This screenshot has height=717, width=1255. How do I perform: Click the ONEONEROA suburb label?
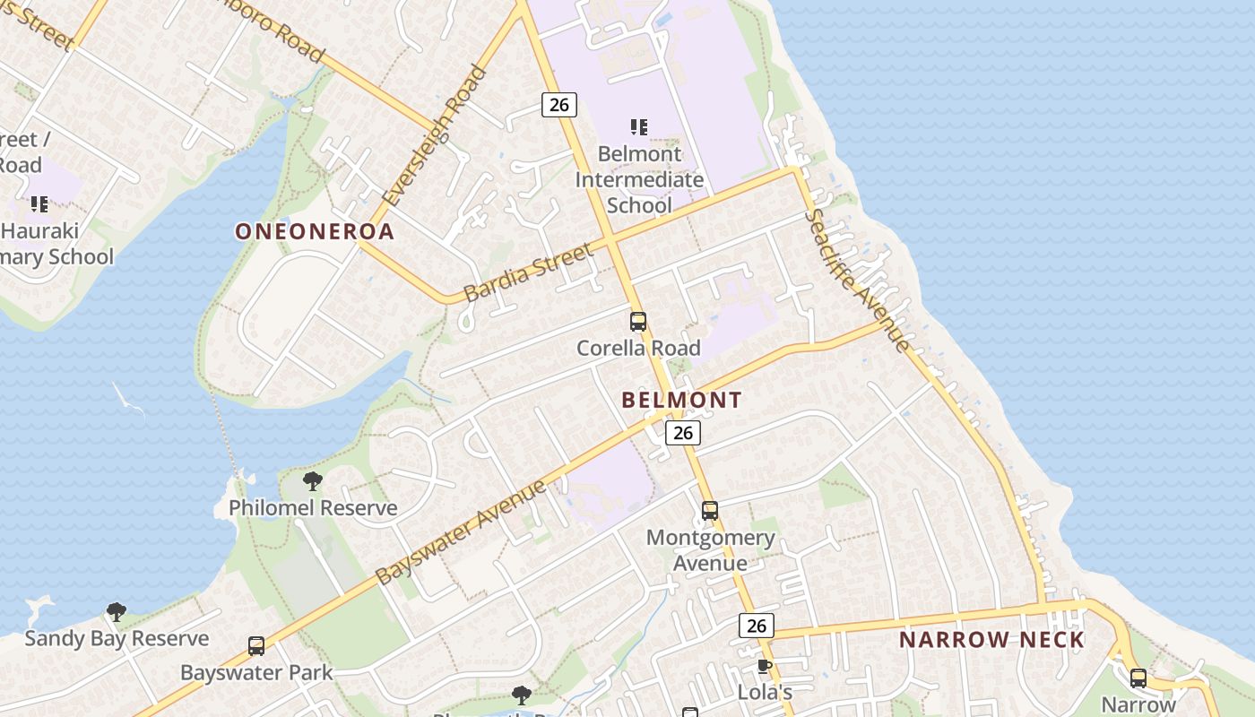tap(315, 231)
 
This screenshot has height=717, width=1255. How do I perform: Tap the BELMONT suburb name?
tap(682, 400)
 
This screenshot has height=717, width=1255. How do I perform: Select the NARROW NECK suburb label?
tap(991, 640)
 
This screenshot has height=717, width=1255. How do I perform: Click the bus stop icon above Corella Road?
tap(638, 322)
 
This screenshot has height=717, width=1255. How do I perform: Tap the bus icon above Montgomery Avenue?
tap(710, 511)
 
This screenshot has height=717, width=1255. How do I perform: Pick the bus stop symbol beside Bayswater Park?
tap(256, 646)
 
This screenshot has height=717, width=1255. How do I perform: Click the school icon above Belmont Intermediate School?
tap(638, 127)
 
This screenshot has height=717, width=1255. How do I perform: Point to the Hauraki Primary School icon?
tap(39, 204)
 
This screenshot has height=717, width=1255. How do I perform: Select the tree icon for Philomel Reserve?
tap(313, 481)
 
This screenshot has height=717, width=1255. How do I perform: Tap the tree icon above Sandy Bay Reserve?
tap(116, 612)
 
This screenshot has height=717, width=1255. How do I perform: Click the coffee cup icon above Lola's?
tap(764, 666)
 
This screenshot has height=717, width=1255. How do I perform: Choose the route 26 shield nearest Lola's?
tap(756, 626)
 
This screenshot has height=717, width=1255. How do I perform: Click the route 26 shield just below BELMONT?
tap(683, 433)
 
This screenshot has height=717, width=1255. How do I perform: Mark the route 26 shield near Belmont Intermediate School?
tap(558, 105)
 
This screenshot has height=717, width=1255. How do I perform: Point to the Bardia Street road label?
tap(529, 272)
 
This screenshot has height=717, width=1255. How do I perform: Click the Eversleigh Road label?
tap(434, 135)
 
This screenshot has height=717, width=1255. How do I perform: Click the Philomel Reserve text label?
tap(313, 508)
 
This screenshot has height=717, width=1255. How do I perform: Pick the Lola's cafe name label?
tap(765, 693)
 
